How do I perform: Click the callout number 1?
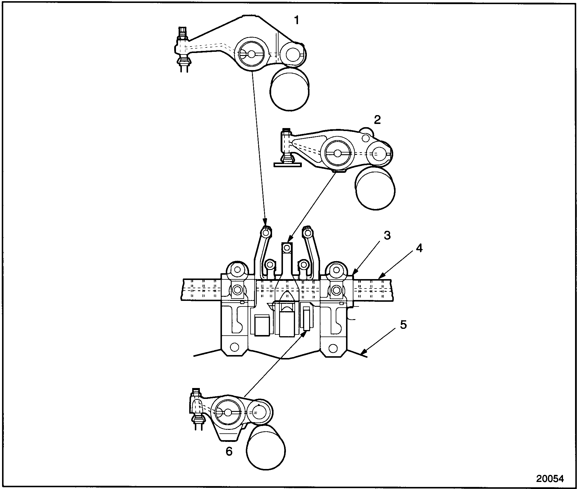click(297, 20)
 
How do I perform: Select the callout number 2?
click(377, 120)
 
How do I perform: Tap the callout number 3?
click(387, 236)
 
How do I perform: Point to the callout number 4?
click(419, 248)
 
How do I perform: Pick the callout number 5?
click(403, 325)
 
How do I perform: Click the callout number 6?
click(229, 459)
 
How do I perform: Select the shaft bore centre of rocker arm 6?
click(228, 412)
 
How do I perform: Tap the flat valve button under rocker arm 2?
click(288, 165)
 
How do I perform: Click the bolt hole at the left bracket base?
click(235, 347)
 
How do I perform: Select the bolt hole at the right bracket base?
click(333, 347)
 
